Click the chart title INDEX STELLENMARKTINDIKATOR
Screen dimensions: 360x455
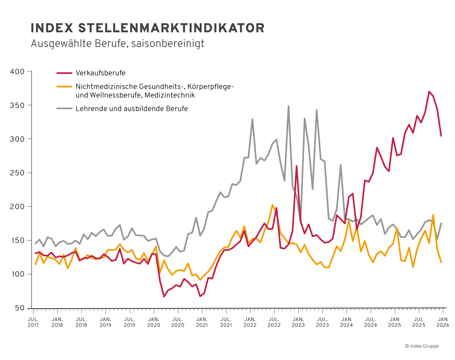148,28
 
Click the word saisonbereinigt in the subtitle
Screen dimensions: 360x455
168,44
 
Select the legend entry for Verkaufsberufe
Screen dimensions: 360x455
100,73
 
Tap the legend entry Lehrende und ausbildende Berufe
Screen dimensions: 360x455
132,109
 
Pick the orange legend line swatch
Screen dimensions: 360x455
64,87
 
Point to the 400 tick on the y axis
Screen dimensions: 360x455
17,72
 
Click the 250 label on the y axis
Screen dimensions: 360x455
17,173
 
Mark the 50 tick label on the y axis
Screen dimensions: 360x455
20,308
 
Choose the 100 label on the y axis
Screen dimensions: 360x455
17,274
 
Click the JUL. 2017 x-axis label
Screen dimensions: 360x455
33,322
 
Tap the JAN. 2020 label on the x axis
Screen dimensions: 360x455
154,322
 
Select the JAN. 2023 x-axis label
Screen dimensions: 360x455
298,322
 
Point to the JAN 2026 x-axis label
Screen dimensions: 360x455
443,322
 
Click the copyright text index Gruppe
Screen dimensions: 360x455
422,346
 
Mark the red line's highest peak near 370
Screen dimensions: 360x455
429,91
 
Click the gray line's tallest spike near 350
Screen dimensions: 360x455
288,106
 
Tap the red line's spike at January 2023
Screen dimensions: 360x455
296,166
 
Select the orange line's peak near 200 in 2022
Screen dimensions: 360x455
272,205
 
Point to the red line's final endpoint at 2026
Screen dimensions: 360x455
441,136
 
